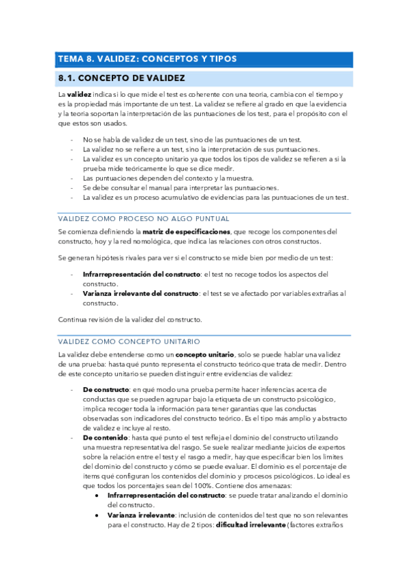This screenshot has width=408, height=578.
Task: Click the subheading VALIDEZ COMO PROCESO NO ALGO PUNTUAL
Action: tap(144, 218)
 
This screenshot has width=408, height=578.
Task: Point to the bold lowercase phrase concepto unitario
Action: tap(204, 355)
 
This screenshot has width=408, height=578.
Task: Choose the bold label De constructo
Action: tap(106, 389)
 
